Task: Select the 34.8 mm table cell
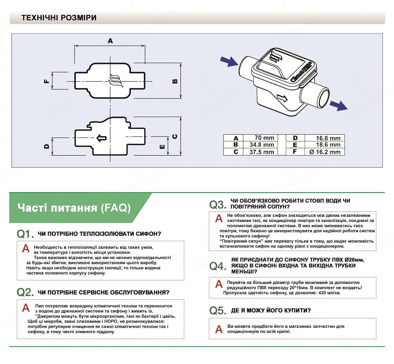click(262, 145)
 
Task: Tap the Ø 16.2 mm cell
click(325, 152)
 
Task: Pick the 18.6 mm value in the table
click(326, 145)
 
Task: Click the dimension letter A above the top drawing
click(110, 41)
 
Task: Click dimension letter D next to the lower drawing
click(47, 147)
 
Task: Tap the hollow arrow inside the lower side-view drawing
click(101, 138)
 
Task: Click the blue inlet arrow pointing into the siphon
click(229, 61)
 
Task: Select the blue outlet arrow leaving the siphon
click(338, 106)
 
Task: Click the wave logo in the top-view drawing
click(115, 81)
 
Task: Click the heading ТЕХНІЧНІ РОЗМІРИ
click(59, 18)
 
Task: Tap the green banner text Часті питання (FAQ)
click(74, 208)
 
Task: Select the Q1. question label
click(25, 234)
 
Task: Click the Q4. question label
click(218, 266)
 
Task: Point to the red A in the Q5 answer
click(219, 329)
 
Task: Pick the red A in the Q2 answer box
click(26, 308)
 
